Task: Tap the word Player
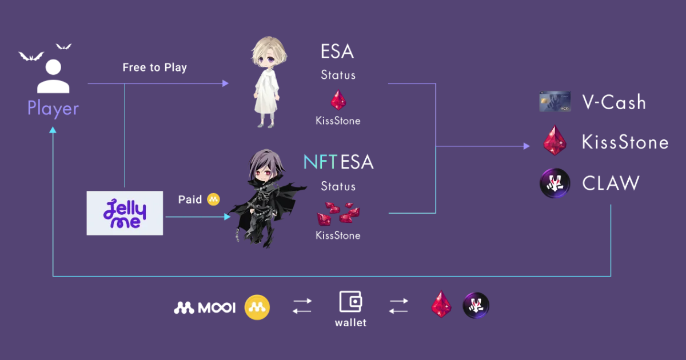pos(53,109)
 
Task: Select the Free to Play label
pos(154,67)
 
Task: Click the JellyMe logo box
pos(125,213)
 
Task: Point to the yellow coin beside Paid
pos(214,199)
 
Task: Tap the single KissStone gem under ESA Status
pos(338,101)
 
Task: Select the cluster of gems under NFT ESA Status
pos(338,213)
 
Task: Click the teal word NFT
pos(320,162)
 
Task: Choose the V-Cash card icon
pos(555,102)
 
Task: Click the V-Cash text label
pos(614,103)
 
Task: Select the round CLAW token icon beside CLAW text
pos(555,183)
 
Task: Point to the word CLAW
pos(611,183)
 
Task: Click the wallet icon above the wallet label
pos(350,301)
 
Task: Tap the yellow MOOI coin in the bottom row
pos(257,307)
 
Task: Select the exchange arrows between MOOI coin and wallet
pos(302,306)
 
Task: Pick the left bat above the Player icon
pos(31,56)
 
